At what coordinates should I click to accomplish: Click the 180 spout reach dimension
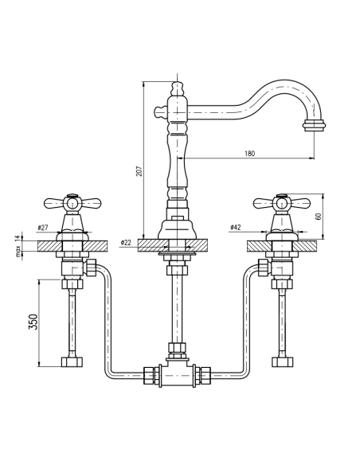[x=250, y=154]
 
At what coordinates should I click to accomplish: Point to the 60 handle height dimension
[x=319, y=215]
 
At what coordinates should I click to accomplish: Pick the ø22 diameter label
[x=126, y=242]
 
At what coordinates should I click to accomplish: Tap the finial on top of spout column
[x=177, y=85]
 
